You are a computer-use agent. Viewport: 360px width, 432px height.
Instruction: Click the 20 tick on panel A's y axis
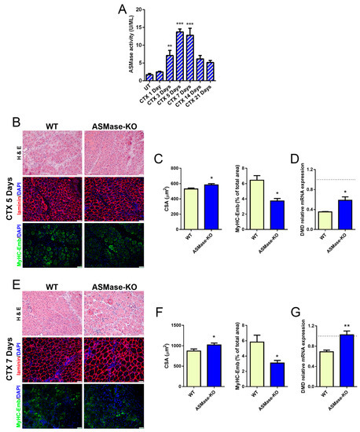(137, 9)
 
